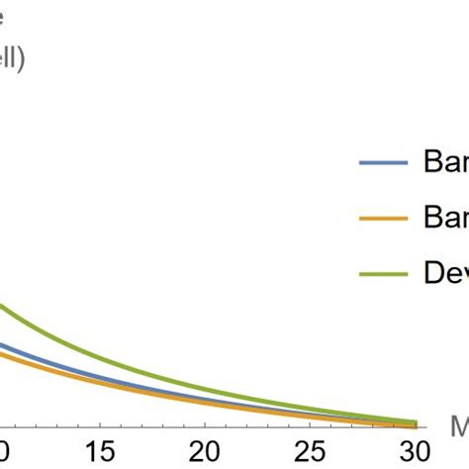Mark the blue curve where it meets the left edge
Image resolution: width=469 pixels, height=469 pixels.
(x=2, y=344)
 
